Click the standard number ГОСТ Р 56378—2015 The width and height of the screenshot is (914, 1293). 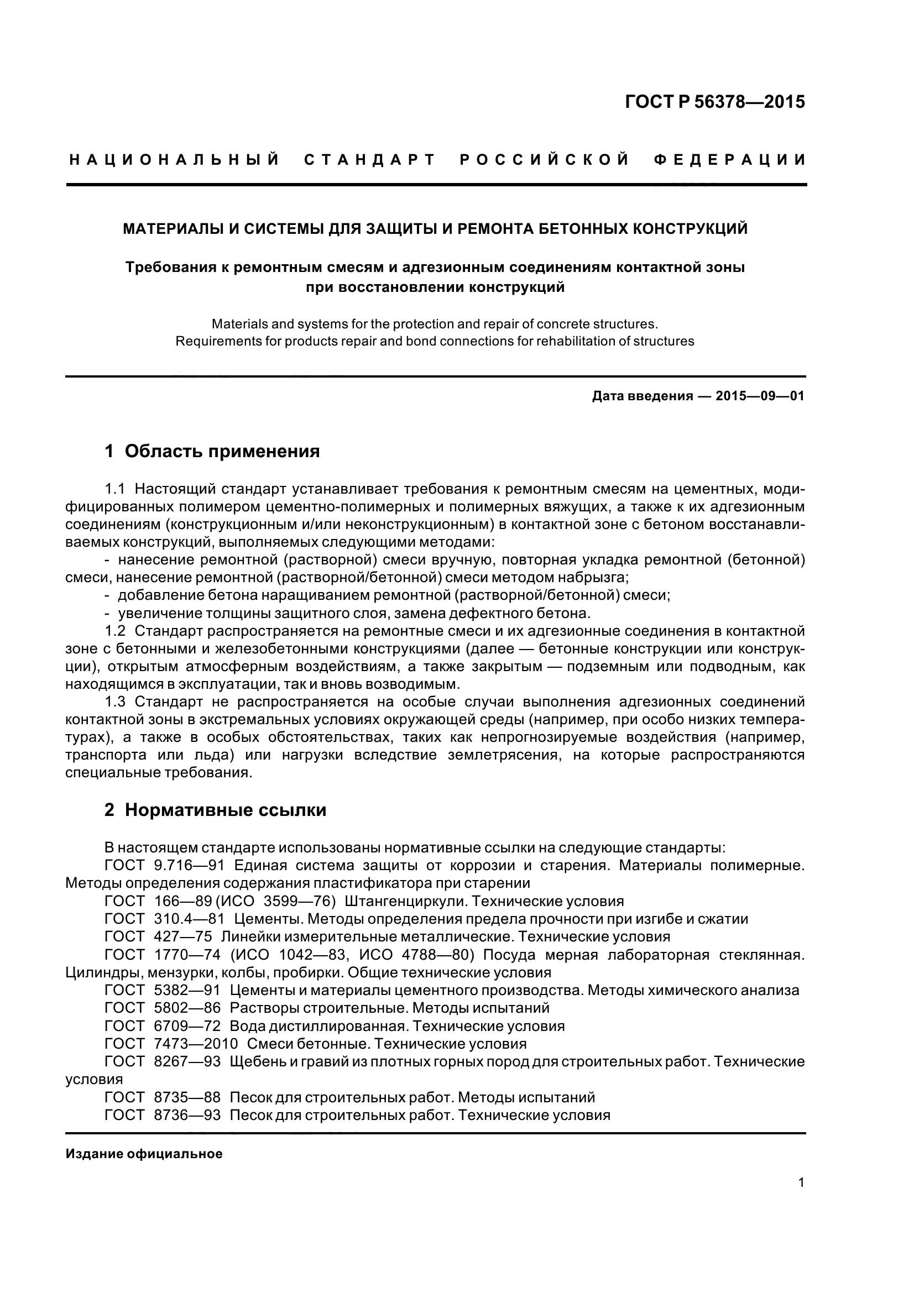(x=715, y=102)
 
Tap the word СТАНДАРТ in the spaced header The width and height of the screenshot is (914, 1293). (x=370, y=160)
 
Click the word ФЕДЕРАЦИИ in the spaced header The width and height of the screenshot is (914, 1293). (x=730, y=160)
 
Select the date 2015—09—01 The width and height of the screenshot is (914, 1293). (x=760, y=396)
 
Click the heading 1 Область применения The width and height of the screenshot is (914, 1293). (x=212, y=451)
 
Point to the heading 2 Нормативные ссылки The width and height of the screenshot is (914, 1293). (x=216, y=810)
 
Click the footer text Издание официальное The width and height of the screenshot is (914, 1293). (x=144, y=1154)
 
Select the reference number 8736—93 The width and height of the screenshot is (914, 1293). (x=187, y=1115)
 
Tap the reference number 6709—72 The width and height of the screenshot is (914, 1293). (x=187, y=1026)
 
